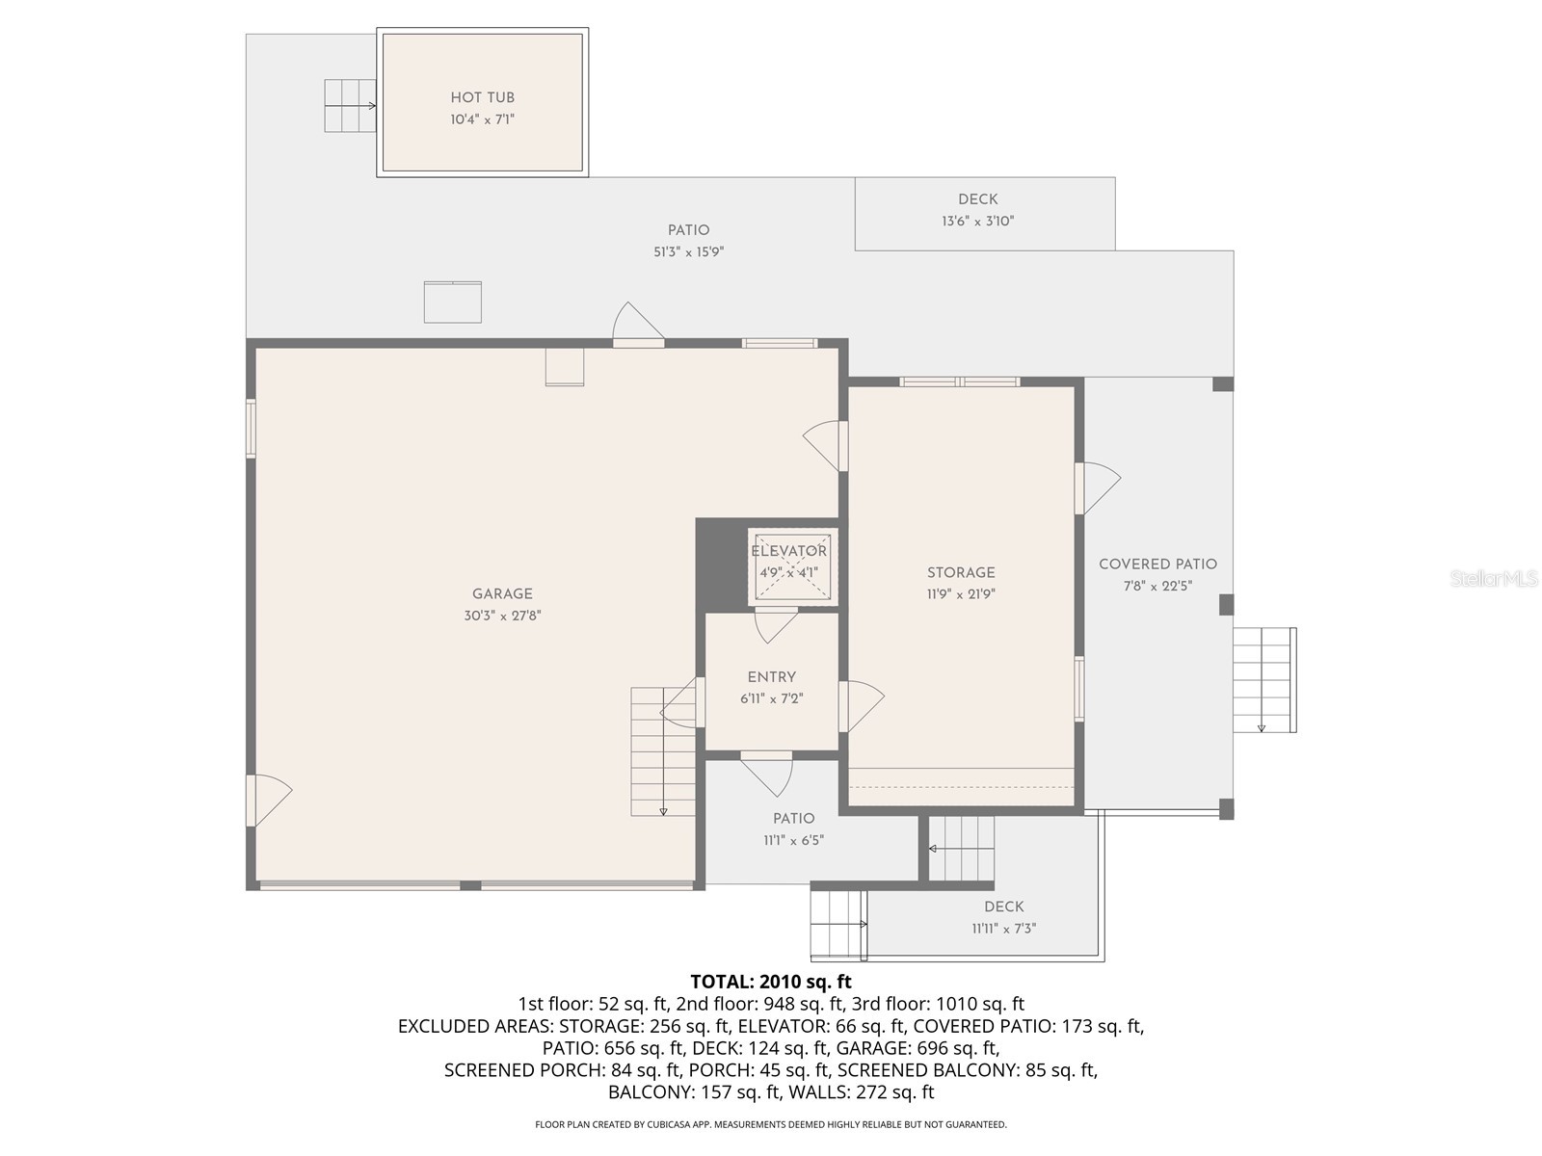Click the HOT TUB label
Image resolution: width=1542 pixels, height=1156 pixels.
(482, 97)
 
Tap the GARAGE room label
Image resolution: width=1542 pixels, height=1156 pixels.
(502, 594)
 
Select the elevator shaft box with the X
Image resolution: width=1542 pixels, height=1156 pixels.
(792, 568)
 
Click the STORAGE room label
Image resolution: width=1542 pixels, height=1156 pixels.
(961, 572)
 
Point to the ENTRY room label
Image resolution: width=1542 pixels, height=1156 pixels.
(772, 677)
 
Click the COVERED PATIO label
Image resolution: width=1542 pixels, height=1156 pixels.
(1157, 565)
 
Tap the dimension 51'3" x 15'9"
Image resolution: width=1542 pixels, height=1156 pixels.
(688, 252)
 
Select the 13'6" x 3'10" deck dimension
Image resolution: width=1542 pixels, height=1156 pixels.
(977, 222)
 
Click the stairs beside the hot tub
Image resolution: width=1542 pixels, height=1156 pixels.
(349, 105)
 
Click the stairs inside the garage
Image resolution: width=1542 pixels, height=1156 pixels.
(662, 751)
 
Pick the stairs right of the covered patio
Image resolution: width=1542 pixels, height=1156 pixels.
(1263, 679)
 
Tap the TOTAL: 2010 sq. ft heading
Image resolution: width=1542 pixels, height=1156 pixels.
(771, 982)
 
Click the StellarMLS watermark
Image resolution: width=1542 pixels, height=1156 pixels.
(1493, 579)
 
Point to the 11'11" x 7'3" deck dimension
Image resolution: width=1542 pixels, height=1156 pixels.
(1003, 930)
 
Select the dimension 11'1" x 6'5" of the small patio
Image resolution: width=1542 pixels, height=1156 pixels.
(793, 841)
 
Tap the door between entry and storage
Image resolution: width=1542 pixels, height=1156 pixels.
(858, 706)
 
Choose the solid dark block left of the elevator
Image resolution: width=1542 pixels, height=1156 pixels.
(721, 564)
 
